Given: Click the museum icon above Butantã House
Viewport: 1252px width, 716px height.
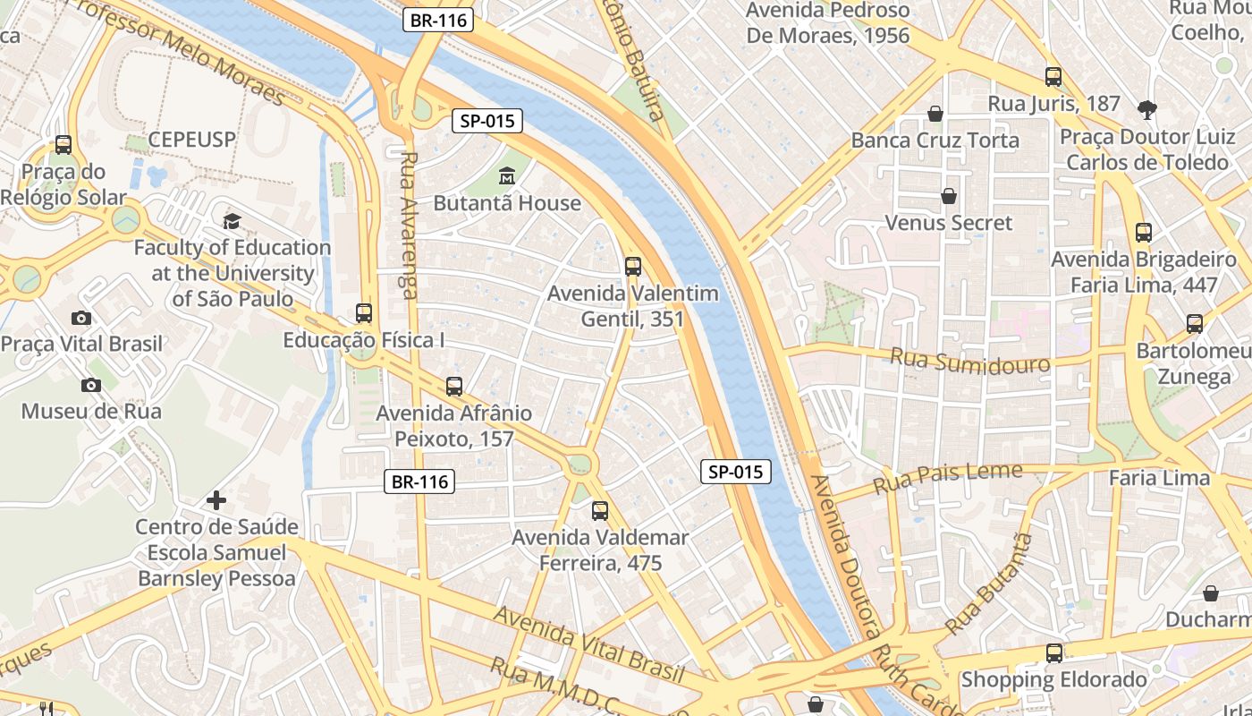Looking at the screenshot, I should click(x=507, y=175).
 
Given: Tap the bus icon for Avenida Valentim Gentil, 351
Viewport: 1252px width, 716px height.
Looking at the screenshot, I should click(x=633, y=266).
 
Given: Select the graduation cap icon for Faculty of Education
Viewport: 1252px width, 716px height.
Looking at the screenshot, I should click(x=233, y=220).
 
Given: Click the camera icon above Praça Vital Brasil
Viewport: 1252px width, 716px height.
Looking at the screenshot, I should click(x=81, y=318).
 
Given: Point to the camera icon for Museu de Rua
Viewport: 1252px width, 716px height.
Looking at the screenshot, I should click(x=90, y=385).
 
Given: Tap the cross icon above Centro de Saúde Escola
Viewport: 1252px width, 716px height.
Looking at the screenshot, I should click(x=216, y=499).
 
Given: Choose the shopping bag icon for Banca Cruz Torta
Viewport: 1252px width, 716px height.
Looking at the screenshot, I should click(x=935, y=114).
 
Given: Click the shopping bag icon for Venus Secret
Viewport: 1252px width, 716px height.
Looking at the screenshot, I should click(x=949, y=195).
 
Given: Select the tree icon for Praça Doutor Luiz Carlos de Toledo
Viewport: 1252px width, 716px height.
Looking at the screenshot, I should click(x=1146, y=110).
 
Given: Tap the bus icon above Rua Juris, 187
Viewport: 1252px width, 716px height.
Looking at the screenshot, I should click(x=1053, y=76).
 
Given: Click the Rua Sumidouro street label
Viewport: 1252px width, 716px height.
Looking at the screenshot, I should click(x=969, y=361).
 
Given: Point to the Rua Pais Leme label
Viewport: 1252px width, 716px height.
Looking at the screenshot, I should click(x=947, y=479).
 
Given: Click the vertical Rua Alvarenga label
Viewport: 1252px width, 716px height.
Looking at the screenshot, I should click(x=410, y=224).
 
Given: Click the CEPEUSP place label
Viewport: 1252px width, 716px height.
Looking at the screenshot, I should click(x=191, y=140).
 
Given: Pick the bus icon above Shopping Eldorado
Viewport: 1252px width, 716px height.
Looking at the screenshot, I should click(x=1054, y=653).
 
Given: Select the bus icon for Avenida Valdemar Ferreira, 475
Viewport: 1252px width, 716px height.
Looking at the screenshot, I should click(x=600, y=511).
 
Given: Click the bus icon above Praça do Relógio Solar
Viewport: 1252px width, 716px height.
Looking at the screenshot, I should click(x=63, y=144).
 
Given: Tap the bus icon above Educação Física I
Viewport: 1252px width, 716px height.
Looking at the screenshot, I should click(x=364, y=313).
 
